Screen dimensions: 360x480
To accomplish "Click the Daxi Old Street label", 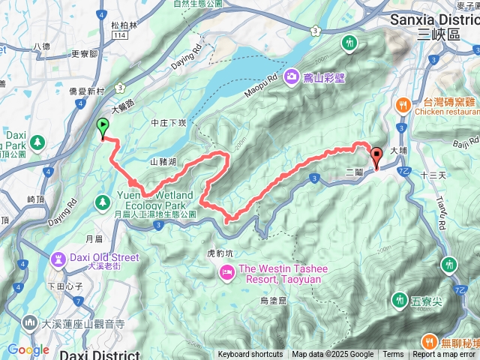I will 104,258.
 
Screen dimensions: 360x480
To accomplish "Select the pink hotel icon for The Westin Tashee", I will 226,274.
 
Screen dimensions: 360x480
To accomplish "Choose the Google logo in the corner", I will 28,349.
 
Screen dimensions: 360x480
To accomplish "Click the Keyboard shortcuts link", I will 250,355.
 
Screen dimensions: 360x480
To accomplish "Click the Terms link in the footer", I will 393,355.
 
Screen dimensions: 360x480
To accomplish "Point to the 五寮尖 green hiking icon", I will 399,301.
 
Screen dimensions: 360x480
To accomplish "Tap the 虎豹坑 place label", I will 220,253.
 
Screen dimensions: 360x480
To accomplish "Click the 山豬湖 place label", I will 163,161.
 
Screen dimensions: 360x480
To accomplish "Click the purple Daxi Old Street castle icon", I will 58,259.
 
